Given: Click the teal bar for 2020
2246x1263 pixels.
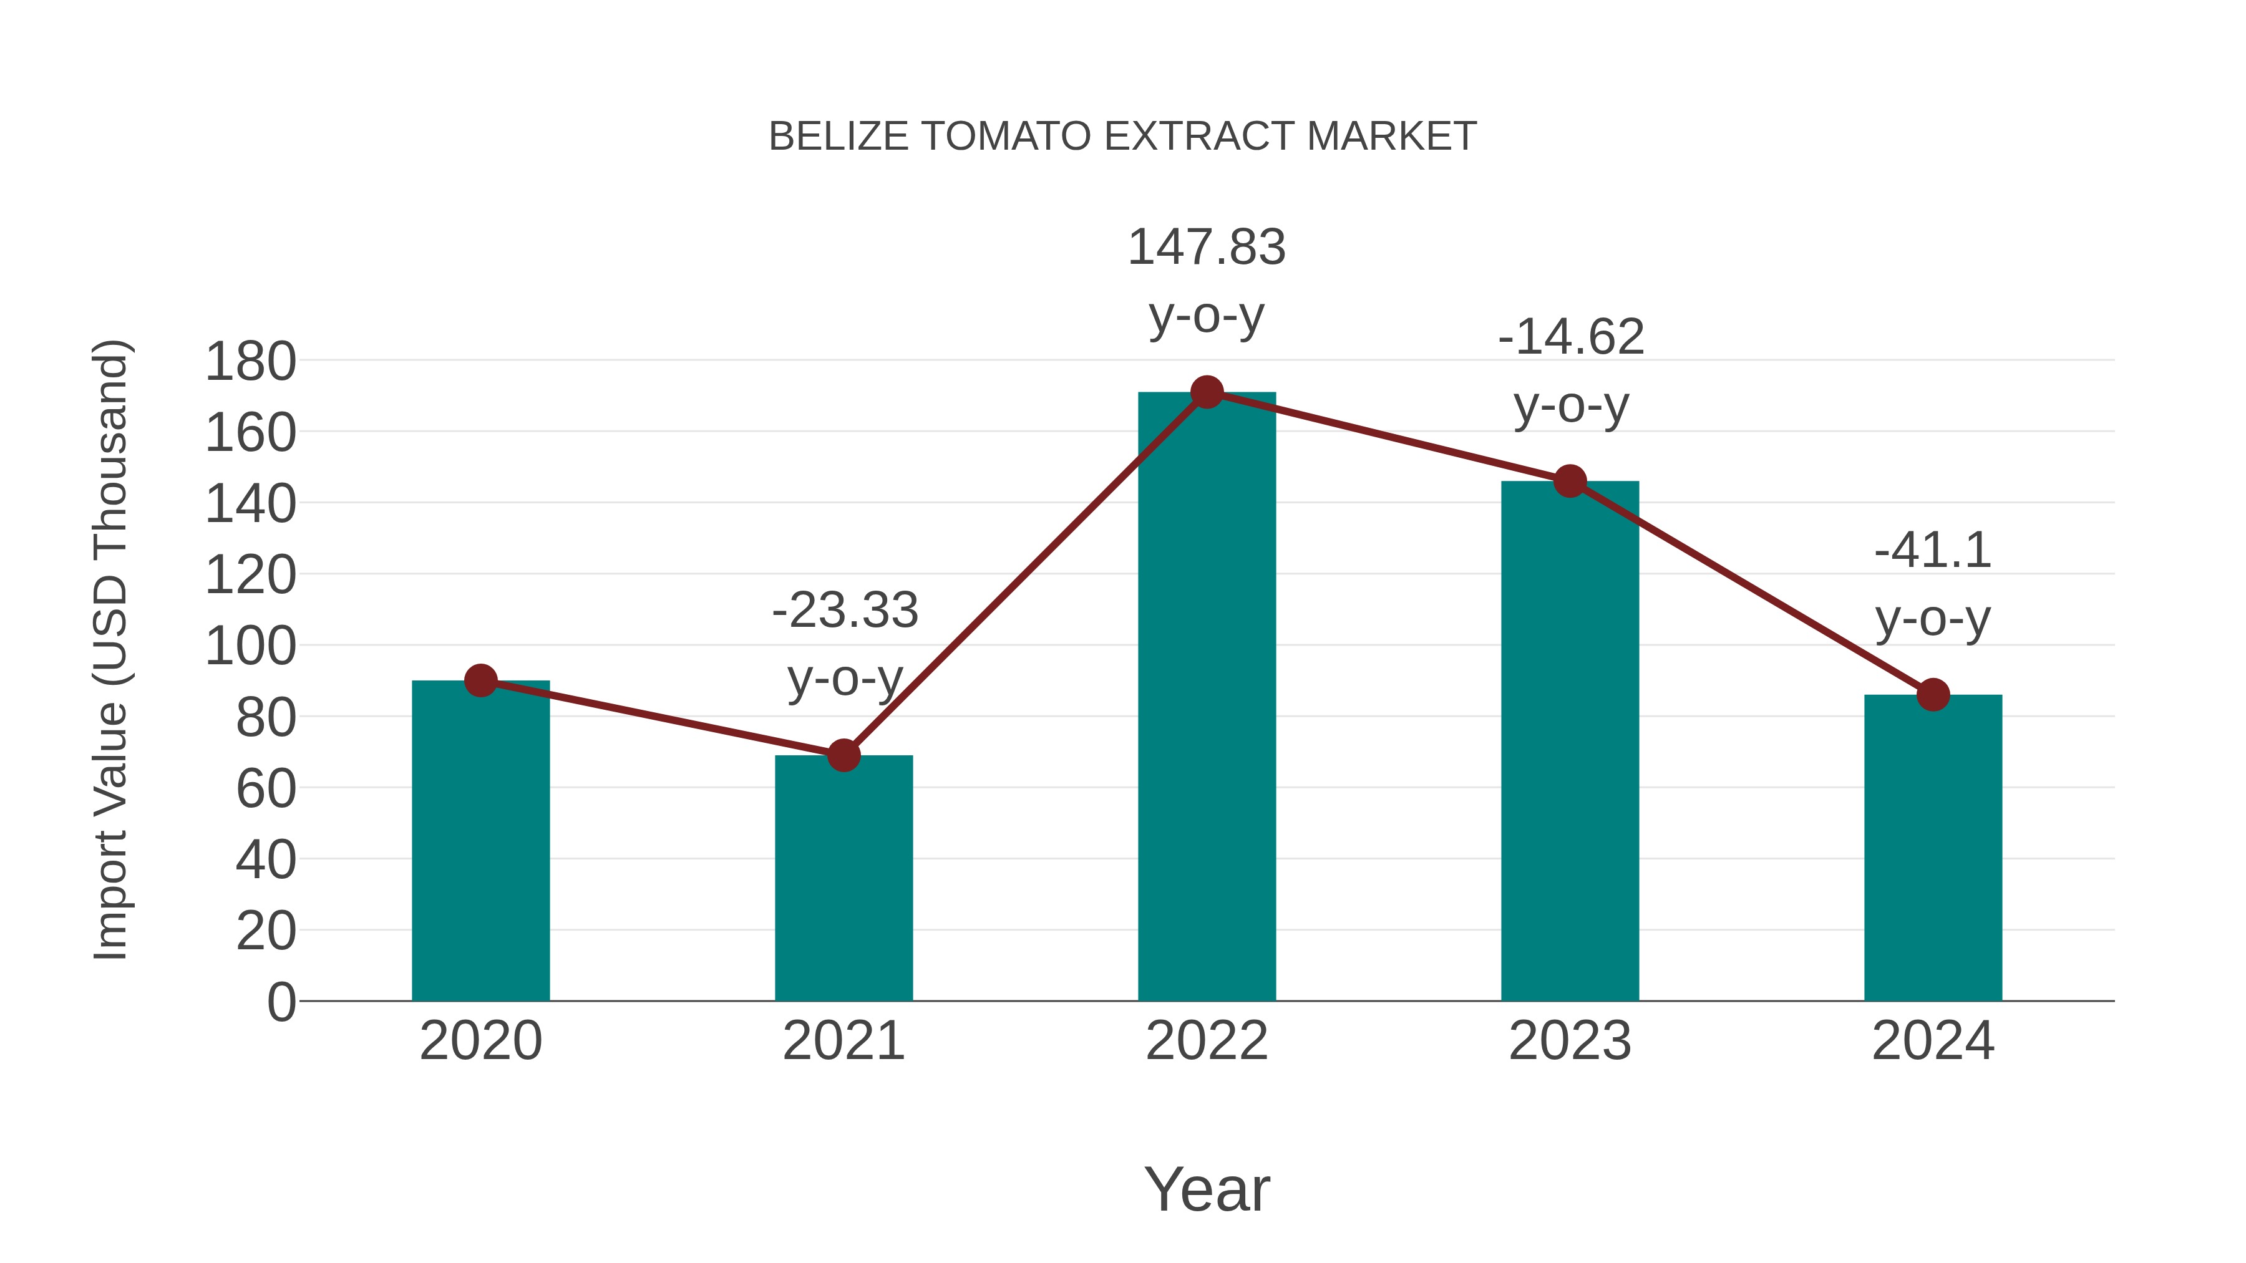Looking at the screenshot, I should pyautogui.click(x=480, y=841).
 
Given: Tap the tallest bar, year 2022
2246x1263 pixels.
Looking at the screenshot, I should pyautogui.click(x=1207, y=697).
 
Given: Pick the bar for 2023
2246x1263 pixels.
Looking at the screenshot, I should pyautogui.click(x=1570, y=741).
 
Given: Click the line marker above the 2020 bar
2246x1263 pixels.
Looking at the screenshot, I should pyautogui.click(x=481, y=680).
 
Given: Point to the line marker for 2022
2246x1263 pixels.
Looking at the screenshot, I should pyautogui.click(x=1207, y=392).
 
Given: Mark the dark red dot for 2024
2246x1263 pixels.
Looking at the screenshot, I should pyautogui.click(x=1933, y=695).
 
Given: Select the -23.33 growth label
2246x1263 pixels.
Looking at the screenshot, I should pyautogui.click(x=845, y=642).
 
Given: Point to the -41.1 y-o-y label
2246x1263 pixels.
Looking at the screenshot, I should pyautogui.click(x=1933, y=583).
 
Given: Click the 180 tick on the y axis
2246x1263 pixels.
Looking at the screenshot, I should pyautogui.click(x=250, y=362).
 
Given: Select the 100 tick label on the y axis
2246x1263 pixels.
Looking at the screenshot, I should pyautogui.click(x=250, y=647).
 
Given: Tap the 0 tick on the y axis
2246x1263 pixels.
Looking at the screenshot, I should pyautogui.click(x=281, y=1002).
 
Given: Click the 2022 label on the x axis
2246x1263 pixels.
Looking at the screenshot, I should pyautogui.click(x=1207, y=1041).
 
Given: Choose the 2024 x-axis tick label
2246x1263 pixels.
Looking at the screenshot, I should pyautogui.click(x=1933, y=1041).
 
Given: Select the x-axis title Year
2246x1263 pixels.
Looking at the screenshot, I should pyautogui.click(x=1207, y=1189).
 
